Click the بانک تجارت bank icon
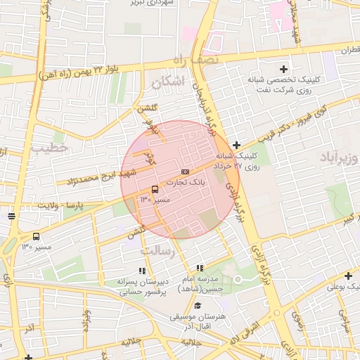pyautogui.click(x=185, y=171)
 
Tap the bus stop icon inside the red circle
pyautogui.click(x=155, y=188)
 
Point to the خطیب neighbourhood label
pyautogui.click(x=49, y=148)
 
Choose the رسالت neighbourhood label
pyautogui.click(x=156, y=250)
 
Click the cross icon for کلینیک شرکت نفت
pyautogui.click(x=283, y=69)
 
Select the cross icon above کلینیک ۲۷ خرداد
pyautogui.click(x=236, y=145)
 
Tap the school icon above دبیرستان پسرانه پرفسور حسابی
pyautogui.click(x=143, y=270)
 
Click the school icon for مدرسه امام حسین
pyautogui.click(x=200, y=268)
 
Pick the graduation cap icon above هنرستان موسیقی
pyautogui.click(x=198, y=305)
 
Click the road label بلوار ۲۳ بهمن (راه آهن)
pyautogui.click(x=77, y=72)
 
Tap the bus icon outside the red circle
pyautogui.click(x=36, y=236)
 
